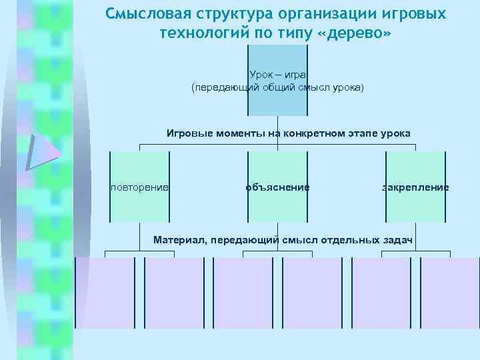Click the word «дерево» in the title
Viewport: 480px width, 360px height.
pyautogui.click(x=357, y=33)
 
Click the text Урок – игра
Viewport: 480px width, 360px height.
pyautogui.click(x=277, y=75)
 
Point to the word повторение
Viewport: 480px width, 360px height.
pyautogui.click(x=139, y=187)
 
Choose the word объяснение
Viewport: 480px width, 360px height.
pyautogui.click(x=277, y=187)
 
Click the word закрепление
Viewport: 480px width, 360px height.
pyautogui.click(x=415, y=187)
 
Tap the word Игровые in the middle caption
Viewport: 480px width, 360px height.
pyautogui.click(x=187, y=133)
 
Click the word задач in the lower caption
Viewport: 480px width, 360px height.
pyautogui.click(x=399, y=239)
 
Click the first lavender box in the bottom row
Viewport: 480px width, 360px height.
pyautogui.click(x=105, y=292)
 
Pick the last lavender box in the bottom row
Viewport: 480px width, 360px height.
pyautogui.click(x=450, y=292)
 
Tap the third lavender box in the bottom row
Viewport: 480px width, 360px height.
pyautogui.click(x=243, y=292)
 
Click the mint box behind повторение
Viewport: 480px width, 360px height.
pyautogui.click(x=139, y=207)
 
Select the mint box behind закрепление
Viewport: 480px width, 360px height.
pyautogui.click(x=415, y=207)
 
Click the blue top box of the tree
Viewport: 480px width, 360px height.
pyautogui.click(x=277, y=100)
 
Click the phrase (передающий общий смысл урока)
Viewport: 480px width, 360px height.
pyautogui.click(x=277, y=87)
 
